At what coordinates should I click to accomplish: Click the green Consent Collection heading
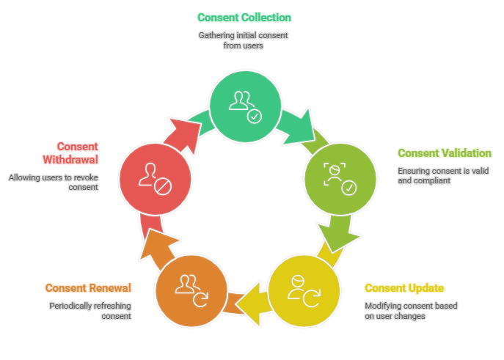(x=244, y=18)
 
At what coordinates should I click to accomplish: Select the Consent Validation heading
(x=444, y=153)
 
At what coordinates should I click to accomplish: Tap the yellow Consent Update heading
(x=403, y=287)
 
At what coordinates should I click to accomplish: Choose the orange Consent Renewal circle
(x=189, y=287)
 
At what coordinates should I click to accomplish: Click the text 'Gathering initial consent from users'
(x=244, y=40)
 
